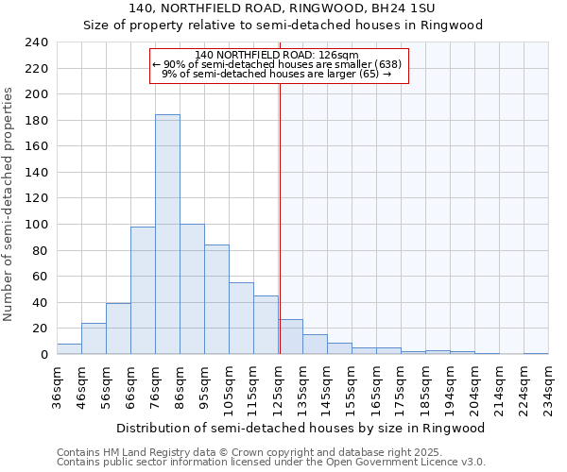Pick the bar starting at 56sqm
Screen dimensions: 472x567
coord(118,329)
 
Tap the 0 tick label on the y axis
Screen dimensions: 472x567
coord(43,355)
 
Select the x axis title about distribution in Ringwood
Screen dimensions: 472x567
coord(302,428)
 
